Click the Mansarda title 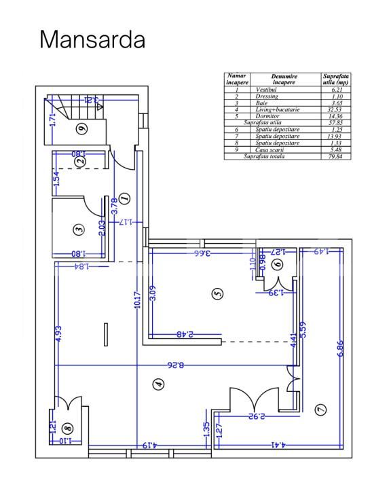[92, 39]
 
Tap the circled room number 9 [81, 128]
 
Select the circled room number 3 [79, 230]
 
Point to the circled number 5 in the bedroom [217, 294]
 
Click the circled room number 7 [320, 410]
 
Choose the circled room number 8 [66, 428]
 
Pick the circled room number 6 [278, 265]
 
